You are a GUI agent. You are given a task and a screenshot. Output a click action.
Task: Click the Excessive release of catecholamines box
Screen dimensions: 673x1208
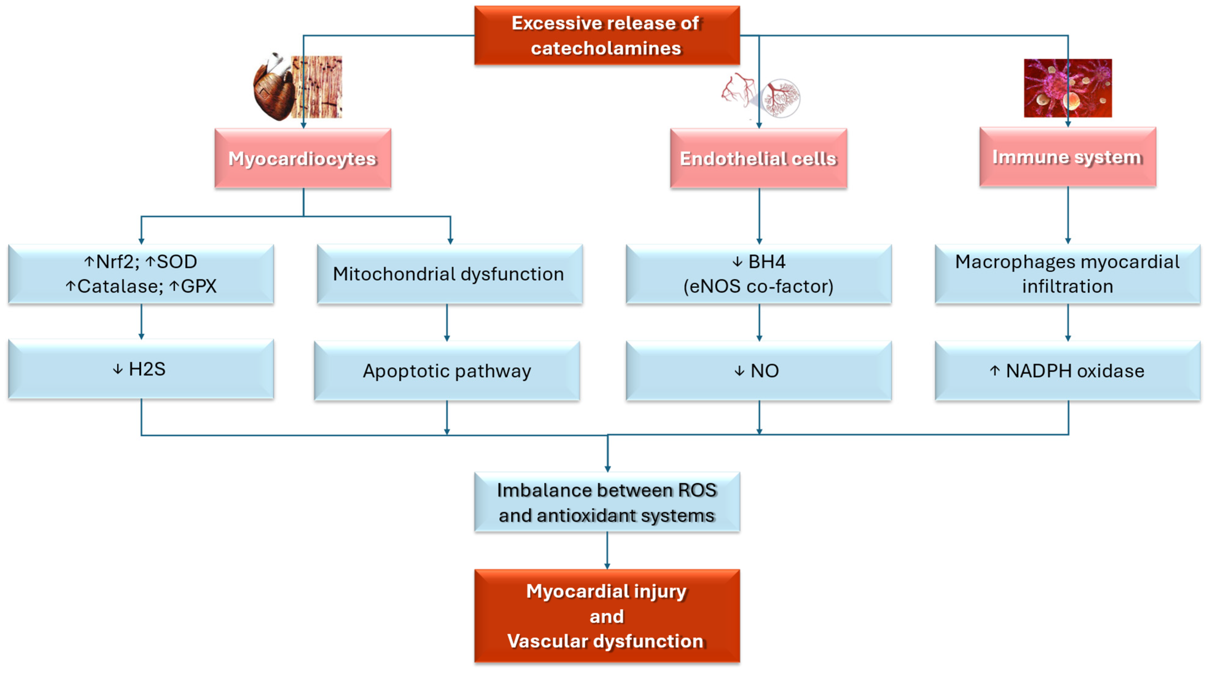tap(607, 36)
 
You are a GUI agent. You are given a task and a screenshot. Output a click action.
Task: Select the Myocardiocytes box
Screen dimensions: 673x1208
tap(303, 158)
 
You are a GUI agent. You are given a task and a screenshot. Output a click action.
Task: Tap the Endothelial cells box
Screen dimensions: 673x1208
tap(758, 158)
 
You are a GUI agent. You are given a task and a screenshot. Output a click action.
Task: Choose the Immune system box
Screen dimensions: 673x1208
tap(1067, 157)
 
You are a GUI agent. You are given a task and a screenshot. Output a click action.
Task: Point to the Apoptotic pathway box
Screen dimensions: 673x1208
tap(447, 371)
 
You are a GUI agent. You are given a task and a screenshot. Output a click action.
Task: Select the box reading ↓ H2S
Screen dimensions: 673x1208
tap(141, 369)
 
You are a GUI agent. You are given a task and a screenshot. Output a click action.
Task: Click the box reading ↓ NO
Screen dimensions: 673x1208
tap(758, 371)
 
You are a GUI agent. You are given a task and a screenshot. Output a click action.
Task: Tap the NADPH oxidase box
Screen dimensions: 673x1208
tap(1067, 371)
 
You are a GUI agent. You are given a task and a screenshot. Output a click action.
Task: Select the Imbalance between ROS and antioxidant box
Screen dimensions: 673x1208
tap(607, 503)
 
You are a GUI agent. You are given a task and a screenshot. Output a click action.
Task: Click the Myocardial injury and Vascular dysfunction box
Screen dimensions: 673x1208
tap(607, 616)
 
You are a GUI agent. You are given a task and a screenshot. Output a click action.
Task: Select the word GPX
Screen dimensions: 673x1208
tap(199, 286)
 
